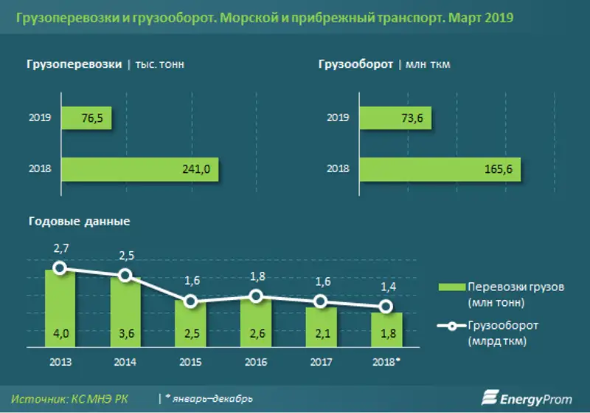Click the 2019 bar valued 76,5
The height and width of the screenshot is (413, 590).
(x=86, y=118)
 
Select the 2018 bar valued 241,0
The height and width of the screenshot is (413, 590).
(x=140, y=169)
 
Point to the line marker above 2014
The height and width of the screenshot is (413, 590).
(x=125, y=276)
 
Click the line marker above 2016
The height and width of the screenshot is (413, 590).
(x=255, y=296)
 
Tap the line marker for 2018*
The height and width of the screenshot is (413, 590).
(x=385, y=307)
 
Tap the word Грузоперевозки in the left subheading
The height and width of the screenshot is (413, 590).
(x=74, y=64)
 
